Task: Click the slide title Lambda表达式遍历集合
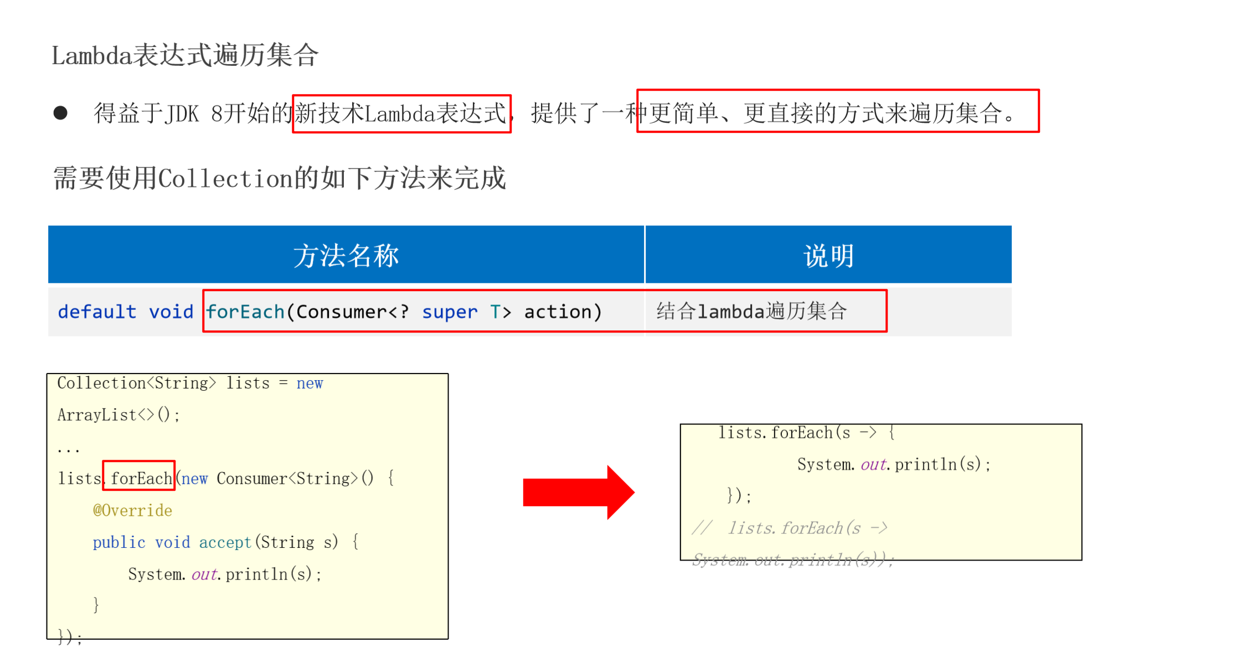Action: tap(185, 55)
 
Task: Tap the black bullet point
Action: tap(60, 113)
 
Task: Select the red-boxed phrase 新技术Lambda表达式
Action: tap(400, 113)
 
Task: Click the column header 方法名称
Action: tap(346, 256)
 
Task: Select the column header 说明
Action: tap(828, 256)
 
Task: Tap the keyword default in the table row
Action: tap(97, 312)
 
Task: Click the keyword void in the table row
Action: tap(171, 312)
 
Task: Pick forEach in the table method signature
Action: tap(245, 312)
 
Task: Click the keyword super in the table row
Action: tap(449, 312)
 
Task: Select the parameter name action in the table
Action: tap(558, 312)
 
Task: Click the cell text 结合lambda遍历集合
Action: tap(751, 311)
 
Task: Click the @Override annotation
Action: tap(132, 510)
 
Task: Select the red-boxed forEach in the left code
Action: tap(141, 478)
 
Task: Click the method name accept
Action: tap(225, 542)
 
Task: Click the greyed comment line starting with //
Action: tap(790, 528)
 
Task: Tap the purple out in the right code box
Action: tap(873, 464)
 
